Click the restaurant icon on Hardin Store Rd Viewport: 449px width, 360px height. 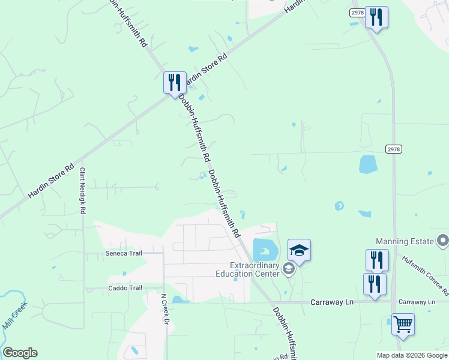(x=175, y=83)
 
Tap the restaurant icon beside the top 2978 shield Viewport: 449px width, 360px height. (x=376, y=17)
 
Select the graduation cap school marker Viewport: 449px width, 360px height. (x=299, y=250)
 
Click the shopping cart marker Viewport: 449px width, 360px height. (x=403, y=325)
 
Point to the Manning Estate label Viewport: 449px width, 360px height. (x=405, y=241)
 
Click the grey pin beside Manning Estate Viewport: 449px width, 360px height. (x=443, y=241)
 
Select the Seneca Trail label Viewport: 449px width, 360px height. (x=123, y=253)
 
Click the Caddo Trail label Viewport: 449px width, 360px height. (x=125, y=288)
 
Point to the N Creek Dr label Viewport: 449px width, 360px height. (x=164, y=308)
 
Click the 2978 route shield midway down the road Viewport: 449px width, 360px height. (x=394, y=149)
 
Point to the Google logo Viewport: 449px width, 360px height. (x=20, y=353)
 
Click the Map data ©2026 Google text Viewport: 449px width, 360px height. (x=411, y=355)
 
